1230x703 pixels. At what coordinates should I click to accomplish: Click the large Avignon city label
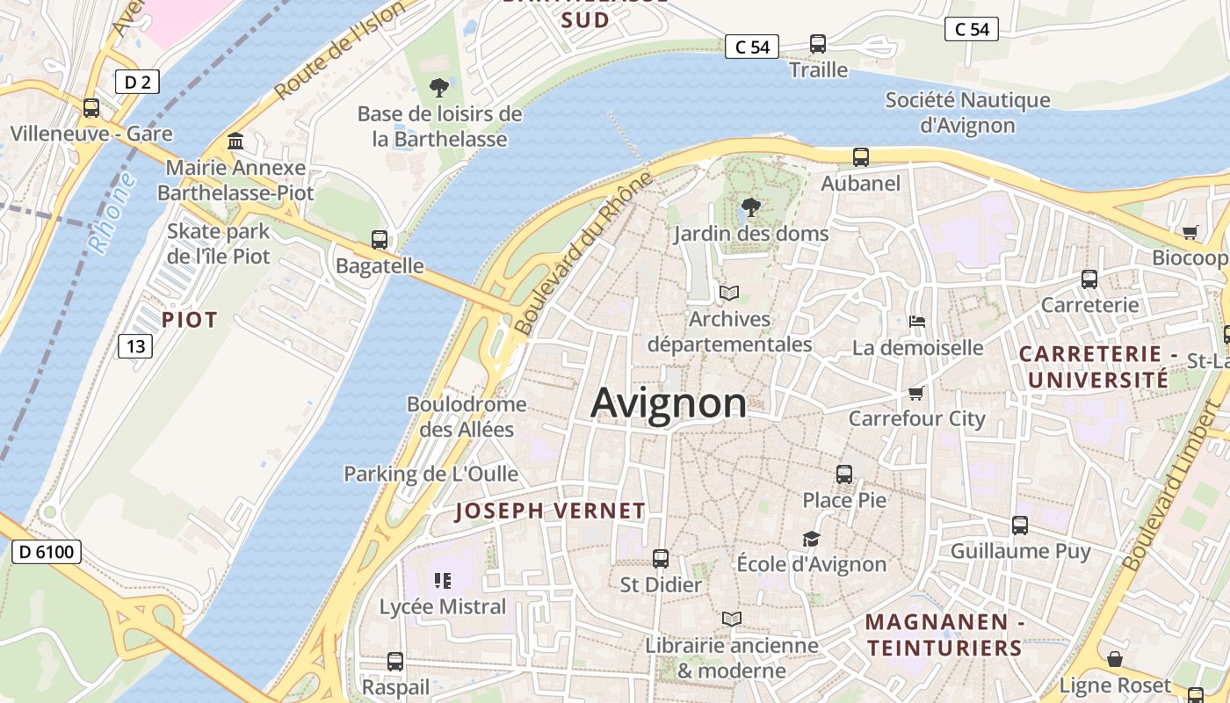pyautogui.click(x=669, y=403)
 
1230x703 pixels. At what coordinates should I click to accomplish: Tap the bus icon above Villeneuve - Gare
pyautogui.click(x=91, y=108)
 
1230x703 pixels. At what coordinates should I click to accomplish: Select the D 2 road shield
pyautogui.click(x=137, y=83)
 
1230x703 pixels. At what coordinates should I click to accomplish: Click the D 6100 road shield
pyautogui.click(x=47, y=552)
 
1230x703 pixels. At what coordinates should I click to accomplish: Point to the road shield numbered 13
pyautogui.click(x=135, y=346)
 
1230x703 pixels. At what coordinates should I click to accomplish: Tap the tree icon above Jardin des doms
pyautogui.click(x=750, y=207)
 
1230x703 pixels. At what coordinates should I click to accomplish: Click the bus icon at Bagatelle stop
pyautogui.click(x=380, y=239)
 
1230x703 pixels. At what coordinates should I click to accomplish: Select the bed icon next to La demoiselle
pyautogui.click(x=916, y=322)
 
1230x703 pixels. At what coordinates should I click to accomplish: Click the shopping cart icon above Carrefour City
pyautogui.click(x=916, y=393)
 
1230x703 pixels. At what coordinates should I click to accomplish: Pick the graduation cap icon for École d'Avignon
pyautogui.click(x=811, y=539)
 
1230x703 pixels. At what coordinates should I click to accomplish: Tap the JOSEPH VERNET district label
pyautogui.click(x=550, y=511)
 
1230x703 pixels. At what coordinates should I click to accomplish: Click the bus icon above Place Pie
pyautogui.click(x=844, y=474)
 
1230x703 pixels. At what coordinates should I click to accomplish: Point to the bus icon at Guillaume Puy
pyautogui.click(x=1020, y=525)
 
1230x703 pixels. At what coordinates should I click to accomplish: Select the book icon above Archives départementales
pyautogui.click(x=729, y=293)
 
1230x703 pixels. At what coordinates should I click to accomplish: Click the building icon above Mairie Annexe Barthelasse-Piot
pyautogui.click(x=235, y=141)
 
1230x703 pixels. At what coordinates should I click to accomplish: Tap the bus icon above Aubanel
pyautogui.click(x=861, y=157)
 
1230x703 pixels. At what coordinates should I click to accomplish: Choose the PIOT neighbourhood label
pyautogui.click(x=189, y=320)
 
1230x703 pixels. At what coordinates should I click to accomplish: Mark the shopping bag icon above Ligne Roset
pyautogui.click(x=1115, y=659)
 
